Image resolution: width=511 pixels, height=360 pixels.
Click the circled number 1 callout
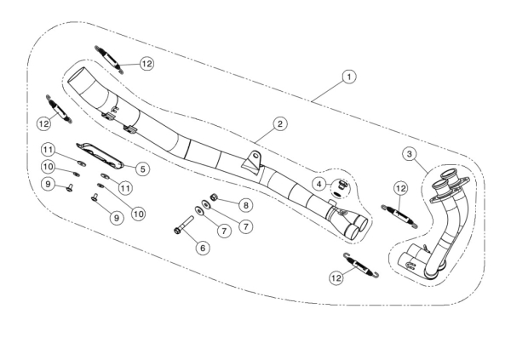tap(348, 77)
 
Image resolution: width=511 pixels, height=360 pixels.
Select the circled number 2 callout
tap(278, 124)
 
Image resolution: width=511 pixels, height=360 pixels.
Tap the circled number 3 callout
tap(410, 153)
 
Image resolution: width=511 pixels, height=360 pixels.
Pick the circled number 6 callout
tap(202, 247)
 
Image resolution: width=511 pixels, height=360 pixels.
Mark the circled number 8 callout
tap(244, 204)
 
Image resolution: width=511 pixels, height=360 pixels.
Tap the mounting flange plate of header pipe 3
tap(453, 186)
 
